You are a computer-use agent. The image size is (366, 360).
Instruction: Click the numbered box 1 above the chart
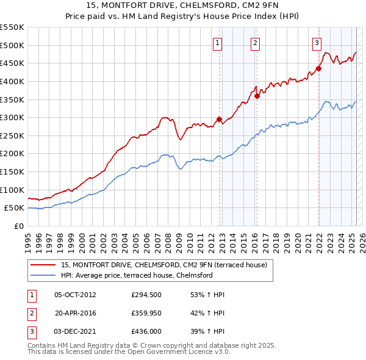click(218, 43)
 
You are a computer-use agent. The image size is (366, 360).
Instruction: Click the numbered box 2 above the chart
click(254, 43)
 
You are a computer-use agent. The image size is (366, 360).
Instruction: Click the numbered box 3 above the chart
click(317, 43)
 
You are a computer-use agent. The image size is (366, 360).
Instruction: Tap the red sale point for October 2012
click(220, 120)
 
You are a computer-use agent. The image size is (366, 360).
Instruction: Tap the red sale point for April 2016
click(257, 96)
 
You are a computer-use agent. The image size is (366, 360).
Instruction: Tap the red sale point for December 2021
click(318, 68)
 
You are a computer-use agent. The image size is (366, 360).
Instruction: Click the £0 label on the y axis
click(18, 226)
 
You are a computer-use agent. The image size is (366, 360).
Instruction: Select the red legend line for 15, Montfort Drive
click(43, 265)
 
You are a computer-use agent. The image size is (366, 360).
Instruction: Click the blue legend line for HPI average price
click(43, 275)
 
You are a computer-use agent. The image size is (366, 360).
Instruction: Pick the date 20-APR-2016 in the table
click(76, 314)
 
